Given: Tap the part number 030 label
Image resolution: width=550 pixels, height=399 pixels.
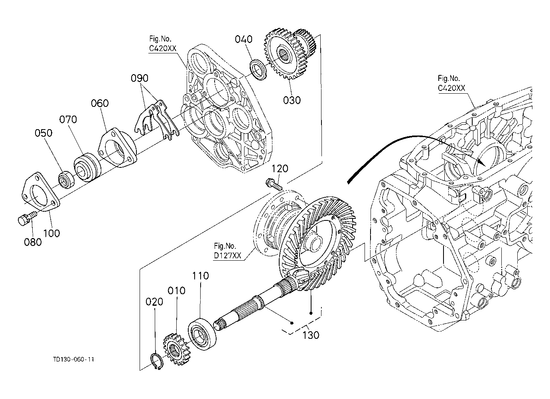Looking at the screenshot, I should (x=292, y=100).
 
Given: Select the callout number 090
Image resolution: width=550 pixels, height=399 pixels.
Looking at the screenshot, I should (x=140, y=78).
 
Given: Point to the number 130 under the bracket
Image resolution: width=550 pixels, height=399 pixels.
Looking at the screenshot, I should (x=311, y=335).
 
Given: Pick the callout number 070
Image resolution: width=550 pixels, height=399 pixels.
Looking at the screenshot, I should (x=68, y=119).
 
